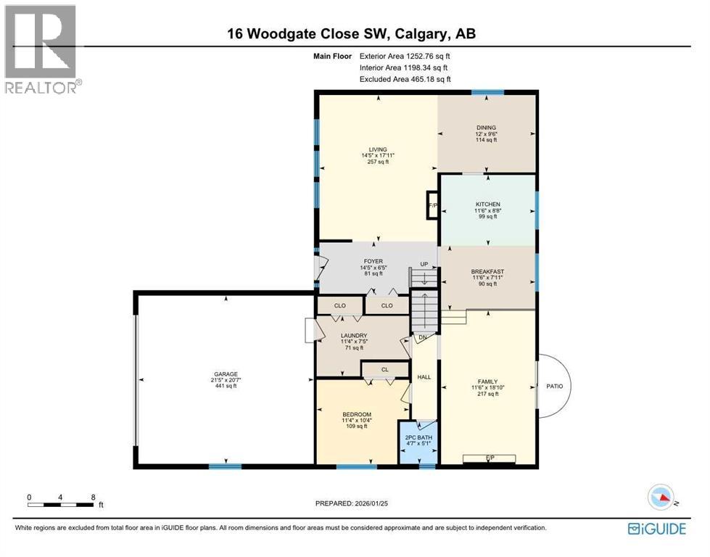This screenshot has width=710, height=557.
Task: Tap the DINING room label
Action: [x=486, y=128]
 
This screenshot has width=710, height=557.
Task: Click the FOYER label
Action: [x=373, y=262]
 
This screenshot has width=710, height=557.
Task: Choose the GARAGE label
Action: [x=225, y=374]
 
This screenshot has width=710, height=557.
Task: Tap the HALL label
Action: [x=424, y=377]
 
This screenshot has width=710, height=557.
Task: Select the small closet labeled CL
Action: [x=385, y=370]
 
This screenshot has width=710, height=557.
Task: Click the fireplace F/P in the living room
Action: [x=433, y=205]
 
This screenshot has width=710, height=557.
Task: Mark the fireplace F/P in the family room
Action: [x=490, y=458]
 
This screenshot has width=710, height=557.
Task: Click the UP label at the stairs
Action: [x=424, y=264]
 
